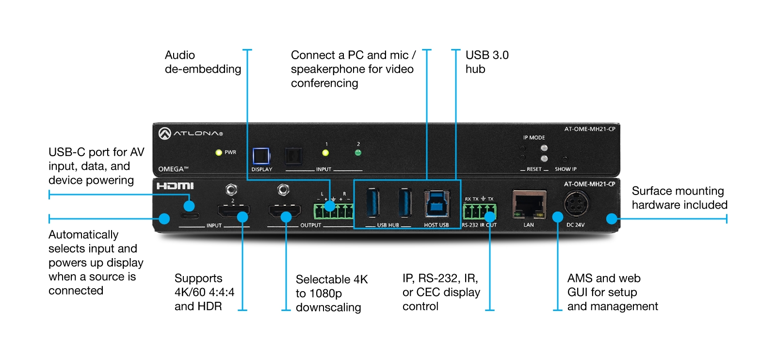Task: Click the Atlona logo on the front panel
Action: [191, 133]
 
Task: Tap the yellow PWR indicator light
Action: [219, 152]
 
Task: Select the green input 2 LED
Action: [358, 153]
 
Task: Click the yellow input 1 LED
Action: [325, 153]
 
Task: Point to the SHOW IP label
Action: [566, 169]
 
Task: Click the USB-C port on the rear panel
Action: [189, 216]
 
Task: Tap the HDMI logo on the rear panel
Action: [175, 186]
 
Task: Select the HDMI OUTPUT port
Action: [285, 211]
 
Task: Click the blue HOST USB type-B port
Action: [436, 203]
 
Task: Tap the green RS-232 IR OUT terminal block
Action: [479, 212]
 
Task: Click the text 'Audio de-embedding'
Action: [203, 62]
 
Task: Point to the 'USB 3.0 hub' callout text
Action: [486, 62]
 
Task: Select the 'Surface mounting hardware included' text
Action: [679, 198]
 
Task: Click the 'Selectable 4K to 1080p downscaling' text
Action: [331, 293]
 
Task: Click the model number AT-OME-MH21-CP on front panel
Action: [589, 129]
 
